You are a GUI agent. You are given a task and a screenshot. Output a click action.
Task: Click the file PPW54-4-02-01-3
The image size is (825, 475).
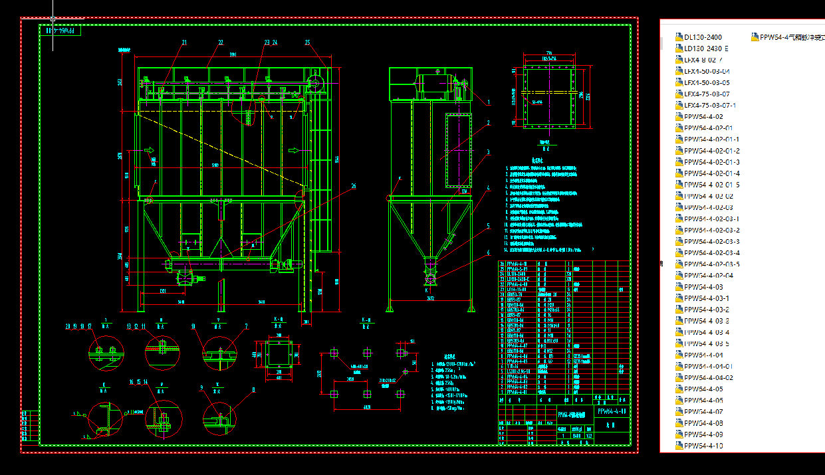711,162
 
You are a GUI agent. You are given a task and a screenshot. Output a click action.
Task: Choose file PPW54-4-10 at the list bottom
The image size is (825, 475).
703,445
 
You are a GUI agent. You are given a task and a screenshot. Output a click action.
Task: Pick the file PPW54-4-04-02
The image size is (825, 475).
709,377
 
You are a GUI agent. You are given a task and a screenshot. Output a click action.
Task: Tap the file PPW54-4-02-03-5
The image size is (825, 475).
711,264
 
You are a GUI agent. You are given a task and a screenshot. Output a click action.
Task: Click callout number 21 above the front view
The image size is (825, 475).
184,43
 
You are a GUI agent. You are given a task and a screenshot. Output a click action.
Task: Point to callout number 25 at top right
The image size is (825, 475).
308,43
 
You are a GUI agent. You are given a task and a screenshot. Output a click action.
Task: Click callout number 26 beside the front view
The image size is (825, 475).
353,186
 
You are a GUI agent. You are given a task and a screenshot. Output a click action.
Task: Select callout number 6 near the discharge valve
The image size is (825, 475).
489,252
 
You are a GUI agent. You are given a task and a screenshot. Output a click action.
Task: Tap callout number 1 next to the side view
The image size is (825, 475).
489,103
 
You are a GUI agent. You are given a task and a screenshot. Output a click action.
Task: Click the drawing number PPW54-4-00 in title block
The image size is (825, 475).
612,412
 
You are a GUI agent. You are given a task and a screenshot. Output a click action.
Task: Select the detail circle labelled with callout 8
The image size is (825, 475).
219,418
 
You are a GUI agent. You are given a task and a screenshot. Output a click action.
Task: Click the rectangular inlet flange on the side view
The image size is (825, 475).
457,149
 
